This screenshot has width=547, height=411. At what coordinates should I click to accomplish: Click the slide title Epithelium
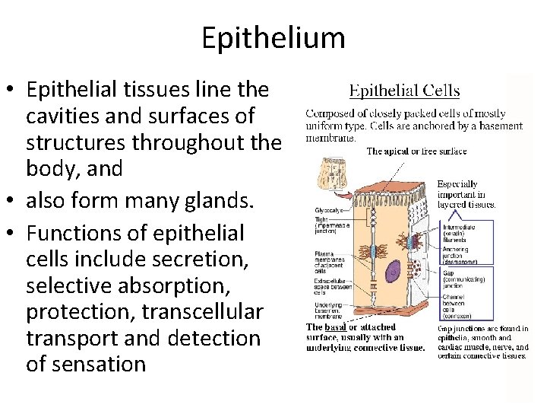pyautogui.click(x=273, y=37)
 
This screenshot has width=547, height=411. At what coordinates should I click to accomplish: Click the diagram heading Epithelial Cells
pyautogui.click(x=403, y=91)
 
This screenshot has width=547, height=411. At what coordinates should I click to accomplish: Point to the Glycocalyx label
pyautogui.click(x=329, y=210)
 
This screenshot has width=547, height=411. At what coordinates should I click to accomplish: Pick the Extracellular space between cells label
pyautogui.click(x=332, y=285)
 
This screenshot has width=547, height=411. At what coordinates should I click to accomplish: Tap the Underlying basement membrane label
pyautogui.click(x=331, y=310)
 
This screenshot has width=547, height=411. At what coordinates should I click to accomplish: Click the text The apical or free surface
pyautogui.click(x=416, y=151)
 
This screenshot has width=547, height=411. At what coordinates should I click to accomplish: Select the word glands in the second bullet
pyautogui.click(x=168, y=201)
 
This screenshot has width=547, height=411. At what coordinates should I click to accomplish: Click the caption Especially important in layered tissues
pyautogui.click(x=466, y=194)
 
